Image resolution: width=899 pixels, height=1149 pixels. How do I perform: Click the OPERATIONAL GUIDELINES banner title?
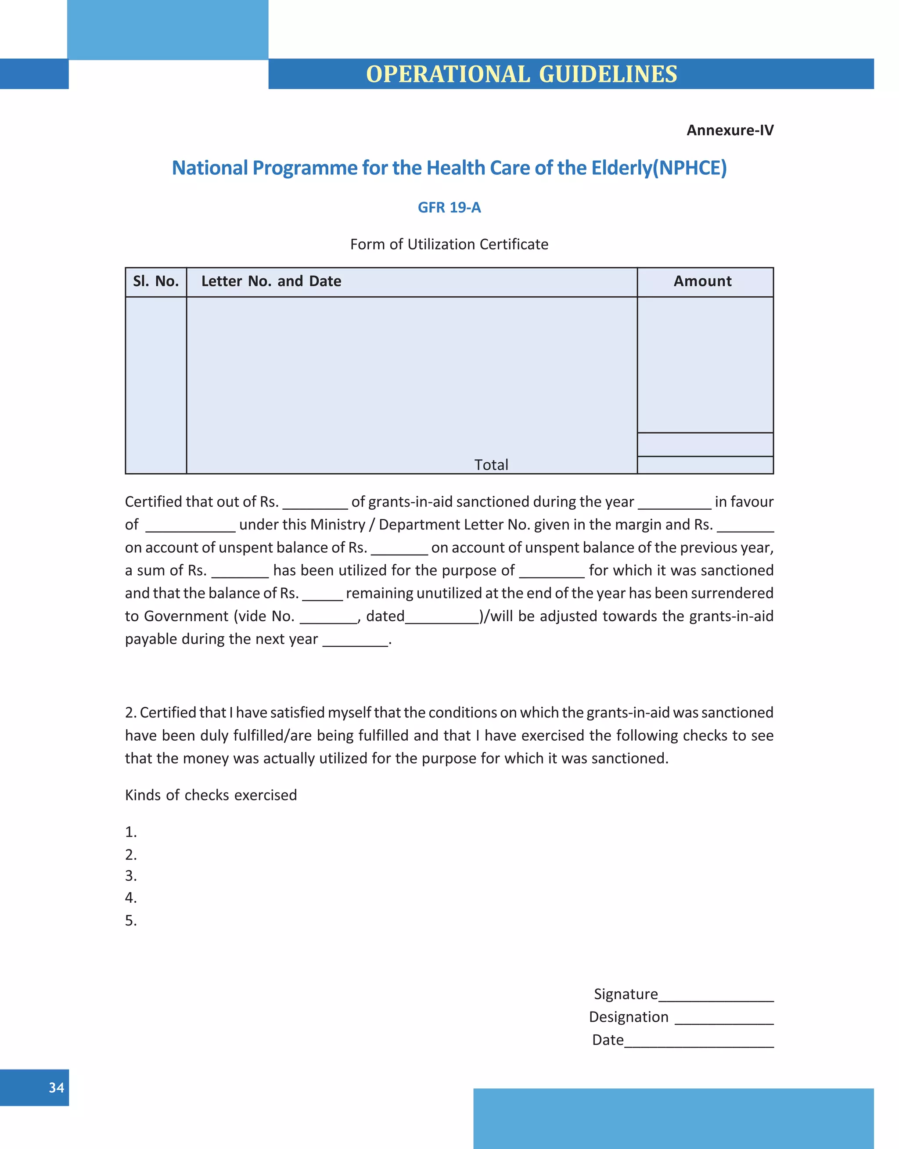(521, 74)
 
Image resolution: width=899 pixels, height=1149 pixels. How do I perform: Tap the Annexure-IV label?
(730, 130)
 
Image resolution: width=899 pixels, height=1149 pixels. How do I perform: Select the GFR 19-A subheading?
(449, 207)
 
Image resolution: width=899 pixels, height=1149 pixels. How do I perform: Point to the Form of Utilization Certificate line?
(449, 244)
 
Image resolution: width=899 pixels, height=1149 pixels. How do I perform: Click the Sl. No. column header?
(156, 281)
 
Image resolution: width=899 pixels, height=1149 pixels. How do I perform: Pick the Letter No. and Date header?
(271, 281)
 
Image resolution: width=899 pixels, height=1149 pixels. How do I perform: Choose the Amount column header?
(702, 281)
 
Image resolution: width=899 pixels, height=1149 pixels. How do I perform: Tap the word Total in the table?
(491, 465)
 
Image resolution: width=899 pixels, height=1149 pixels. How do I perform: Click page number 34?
(56, 1088)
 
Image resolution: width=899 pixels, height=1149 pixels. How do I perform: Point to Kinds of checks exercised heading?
(211, 795)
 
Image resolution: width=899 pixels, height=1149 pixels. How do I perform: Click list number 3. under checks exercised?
(130, 876)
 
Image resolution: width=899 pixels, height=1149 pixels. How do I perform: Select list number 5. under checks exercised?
(130, 921)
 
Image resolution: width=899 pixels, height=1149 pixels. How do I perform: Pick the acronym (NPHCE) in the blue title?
(690, 168)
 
